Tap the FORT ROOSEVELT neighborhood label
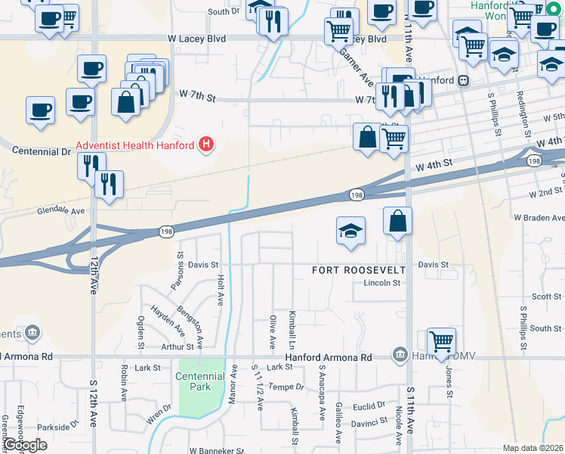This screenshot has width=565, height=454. tap(360, 270)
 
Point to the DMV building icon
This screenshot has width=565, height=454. tap(400, 354)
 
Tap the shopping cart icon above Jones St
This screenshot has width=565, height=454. tap(441, 340)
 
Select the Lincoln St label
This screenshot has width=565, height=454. tap(381, 283)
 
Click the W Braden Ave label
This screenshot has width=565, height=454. tap(539, 217)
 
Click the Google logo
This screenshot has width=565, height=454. tap(25, 445)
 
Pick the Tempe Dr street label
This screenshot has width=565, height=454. tap(286, 386)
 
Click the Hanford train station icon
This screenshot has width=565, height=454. tap(464, 80)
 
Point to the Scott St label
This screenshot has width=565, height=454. tap(546, 297)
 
